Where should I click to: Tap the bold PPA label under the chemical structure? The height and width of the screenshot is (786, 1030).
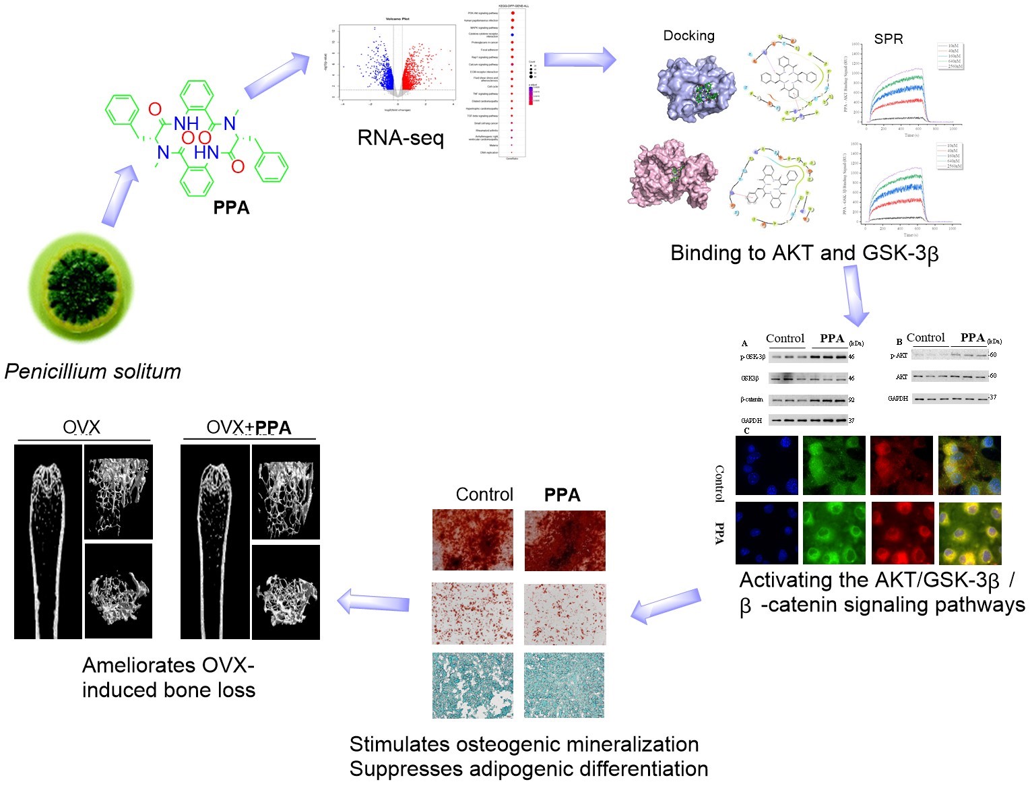231,207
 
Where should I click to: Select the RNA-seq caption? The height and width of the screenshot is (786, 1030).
400,138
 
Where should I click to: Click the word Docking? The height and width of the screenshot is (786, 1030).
688,36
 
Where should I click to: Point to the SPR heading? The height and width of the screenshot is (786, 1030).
888,39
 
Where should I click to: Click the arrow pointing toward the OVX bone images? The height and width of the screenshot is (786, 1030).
373,601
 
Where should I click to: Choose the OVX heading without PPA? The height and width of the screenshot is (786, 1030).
82,427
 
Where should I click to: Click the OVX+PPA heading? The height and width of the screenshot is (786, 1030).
249,427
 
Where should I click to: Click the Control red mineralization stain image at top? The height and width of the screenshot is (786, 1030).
472,539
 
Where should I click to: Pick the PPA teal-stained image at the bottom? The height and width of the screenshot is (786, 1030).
565,684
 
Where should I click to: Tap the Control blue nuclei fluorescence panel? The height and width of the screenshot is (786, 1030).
767,465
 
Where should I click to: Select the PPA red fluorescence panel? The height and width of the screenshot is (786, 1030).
902,533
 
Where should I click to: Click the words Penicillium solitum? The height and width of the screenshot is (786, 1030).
93,371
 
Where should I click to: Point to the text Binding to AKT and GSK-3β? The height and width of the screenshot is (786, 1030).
804,253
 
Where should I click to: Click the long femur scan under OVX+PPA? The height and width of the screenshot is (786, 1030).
215,542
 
